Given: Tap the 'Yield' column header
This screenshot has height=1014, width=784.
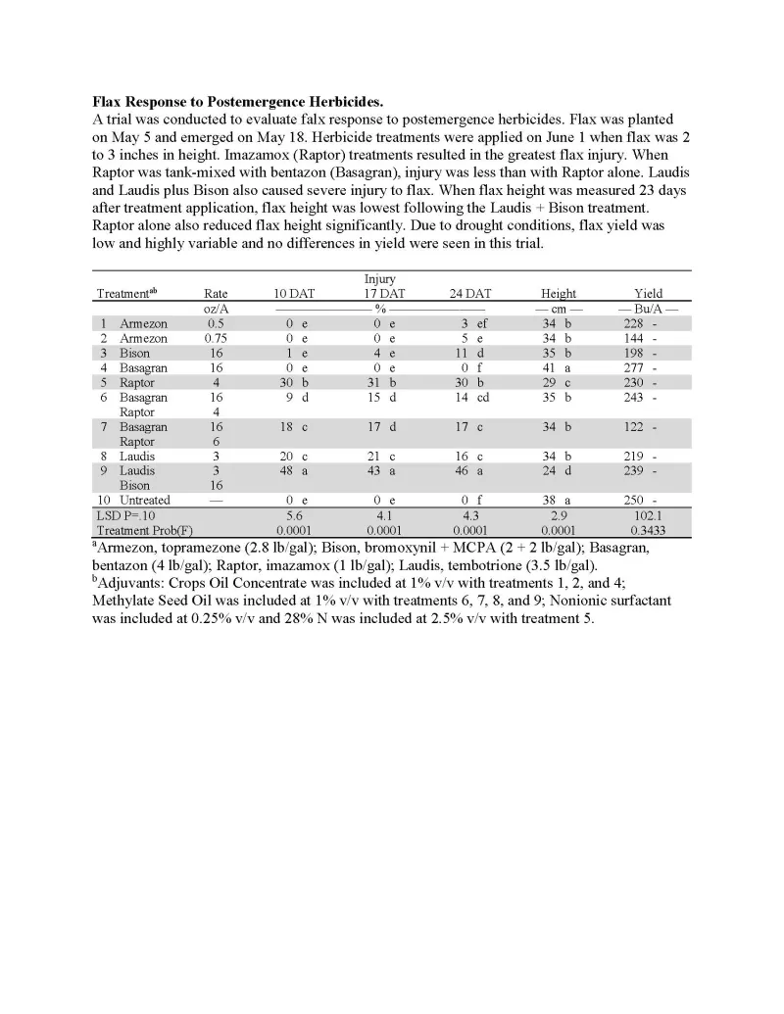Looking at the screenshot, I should click(648, 293).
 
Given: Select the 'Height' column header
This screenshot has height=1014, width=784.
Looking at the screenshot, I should click(559, 293).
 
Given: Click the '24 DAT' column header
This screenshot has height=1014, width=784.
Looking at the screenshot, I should click(470, 293).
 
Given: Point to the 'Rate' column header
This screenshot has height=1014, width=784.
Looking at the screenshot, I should click(216, 293).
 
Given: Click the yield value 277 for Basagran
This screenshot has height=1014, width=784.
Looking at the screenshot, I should click(634, 368).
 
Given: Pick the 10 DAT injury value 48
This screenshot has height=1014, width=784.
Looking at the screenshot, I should click(290, 470).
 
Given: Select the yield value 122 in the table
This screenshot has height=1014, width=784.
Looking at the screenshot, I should click(634, 426).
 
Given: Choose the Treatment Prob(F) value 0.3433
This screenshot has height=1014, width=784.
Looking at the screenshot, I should click(648, 530).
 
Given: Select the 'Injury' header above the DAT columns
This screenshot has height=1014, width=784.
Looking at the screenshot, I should click(380, 279).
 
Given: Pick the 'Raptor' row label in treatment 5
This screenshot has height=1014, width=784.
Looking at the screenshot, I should click(138, 383).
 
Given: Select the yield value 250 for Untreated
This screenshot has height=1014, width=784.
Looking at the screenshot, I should click(634, 500).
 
